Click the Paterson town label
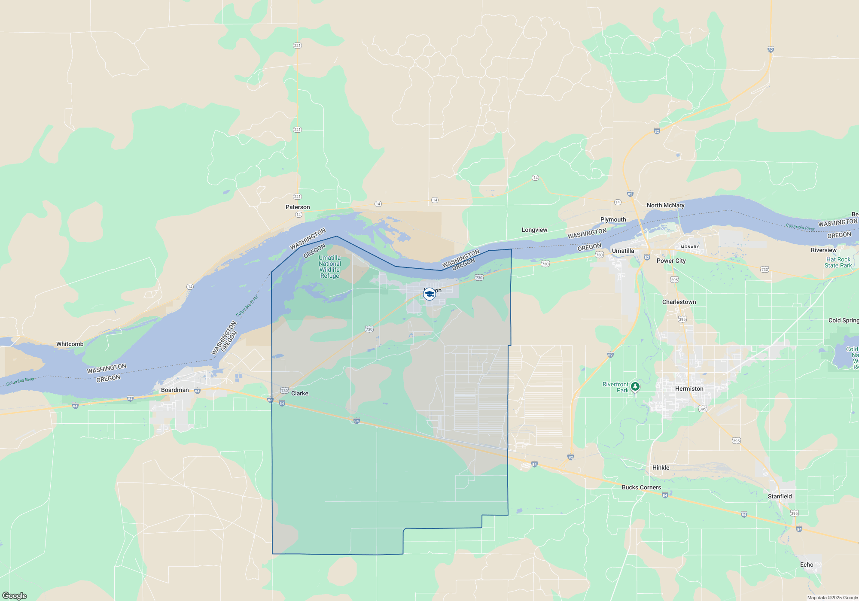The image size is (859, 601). tap(298, 207)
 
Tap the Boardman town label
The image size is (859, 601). tap(175, 390)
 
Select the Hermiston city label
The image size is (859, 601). tap(689, 389)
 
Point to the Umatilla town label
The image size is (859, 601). tap(623, 251)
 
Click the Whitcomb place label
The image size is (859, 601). tap(70, 344)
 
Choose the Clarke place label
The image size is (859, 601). tap(299, 393)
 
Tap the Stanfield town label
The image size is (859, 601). tap(780, 496)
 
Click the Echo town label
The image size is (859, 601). tap(807, 565)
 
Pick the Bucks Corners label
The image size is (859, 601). tap(641, 487)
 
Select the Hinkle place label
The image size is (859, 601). tap(661, 467)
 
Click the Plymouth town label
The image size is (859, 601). tap(613, 219)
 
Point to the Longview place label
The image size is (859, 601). tap(534, 230)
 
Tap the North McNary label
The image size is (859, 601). tap(665, 205)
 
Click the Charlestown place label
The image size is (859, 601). tap(679, 302)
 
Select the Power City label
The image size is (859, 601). tap(671, 261)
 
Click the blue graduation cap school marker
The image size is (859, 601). tap(429, 294)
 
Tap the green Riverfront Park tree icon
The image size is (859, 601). tap(635, 386)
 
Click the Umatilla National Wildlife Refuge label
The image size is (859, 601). tap(329, 267)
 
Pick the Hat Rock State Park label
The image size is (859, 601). tap(838, 262)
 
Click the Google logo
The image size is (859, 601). tap(15, 595)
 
